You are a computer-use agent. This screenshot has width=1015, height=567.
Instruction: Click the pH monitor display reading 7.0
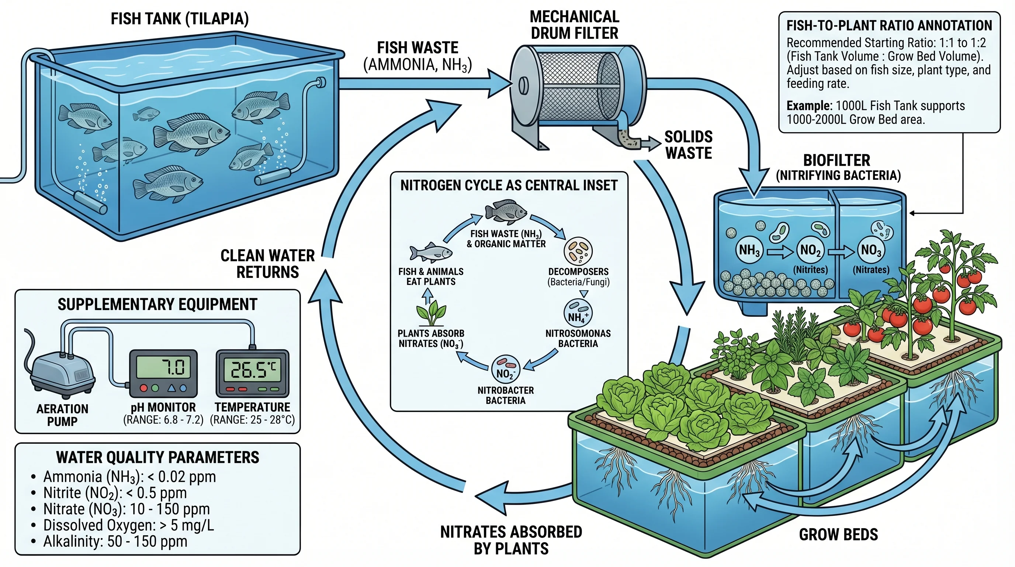click(x=163, y=368)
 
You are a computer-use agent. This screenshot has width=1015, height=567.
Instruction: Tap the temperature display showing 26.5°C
click(x=253, y=370)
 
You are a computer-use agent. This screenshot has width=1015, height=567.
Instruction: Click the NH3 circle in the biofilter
click(x=749, y=250)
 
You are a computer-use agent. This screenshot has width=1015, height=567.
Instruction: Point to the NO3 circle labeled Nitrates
click(x=871, y=250)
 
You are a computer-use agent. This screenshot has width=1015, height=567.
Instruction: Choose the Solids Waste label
click(x=688, y=145)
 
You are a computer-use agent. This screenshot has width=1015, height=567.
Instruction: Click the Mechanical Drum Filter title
click(x=575, y=25)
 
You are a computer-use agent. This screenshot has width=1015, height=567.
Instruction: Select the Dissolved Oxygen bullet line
click(x=128, y=525)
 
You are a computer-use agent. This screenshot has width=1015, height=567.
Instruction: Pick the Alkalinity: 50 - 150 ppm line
click(x=115, y=542)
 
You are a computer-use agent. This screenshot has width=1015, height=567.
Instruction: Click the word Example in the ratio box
click(x=808, y=106)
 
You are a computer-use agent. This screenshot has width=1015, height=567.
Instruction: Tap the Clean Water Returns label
click(x=267, y=264)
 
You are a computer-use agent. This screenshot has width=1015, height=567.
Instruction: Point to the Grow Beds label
click(x=838, y=535)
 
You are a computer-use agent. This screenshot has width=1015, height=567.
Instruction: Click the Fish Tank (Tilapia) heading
click(x=180, y=19)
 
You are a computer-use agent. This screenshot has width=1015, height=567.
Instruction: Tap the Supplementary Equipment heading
click(x=157, y=305)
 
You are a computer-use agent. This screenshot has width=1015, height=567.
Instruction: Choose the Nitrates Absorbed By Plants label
click(x=511, y=540)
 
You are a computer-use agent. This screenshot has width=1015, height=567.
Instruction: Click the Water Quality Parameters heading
click(x=157, y=457)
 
